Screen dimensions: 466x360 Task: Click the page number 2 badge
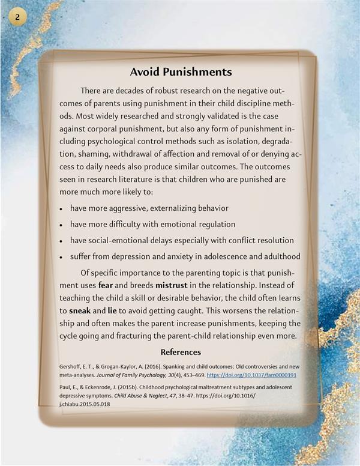(x=18, y=17)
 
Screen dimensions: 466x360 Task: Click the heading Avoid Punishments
(x=181, y=73)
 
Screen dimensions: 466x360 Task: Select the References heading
(x=181, y=352)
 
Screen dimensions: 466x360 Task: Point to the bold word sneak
(x=80, y=310)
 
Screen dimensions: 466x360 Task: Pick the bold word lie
(x=112, y=310)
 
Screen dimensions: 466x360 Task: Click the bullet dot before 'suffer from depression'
(x=62, y=257)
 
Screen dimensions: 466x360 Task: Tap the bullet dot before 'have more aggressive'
(x=62, y=208)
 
